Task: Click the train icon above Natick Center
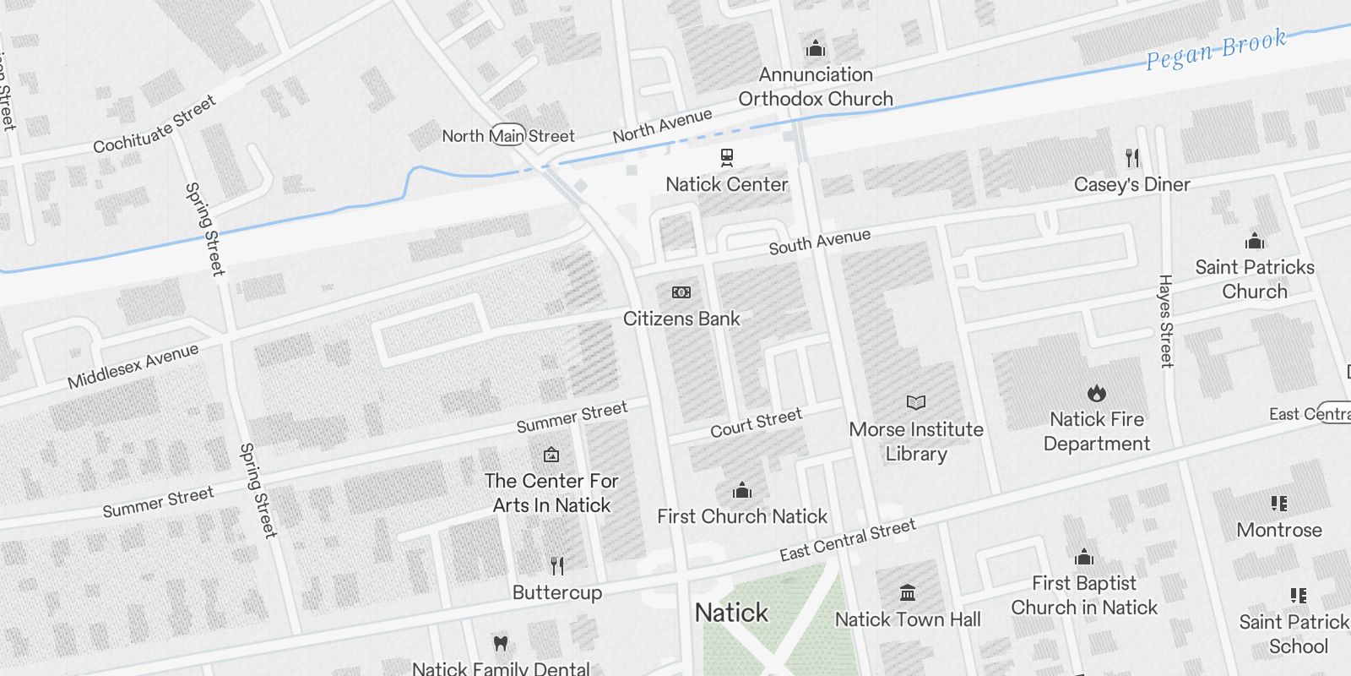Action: (726, 157)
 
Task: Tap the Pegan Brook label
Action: (1216, 49)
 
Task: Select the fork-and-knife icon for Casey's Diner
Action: (1132, 157)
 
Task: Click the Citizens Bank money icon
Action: (681, 292)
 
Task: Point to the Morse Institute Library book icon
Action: (916, 402)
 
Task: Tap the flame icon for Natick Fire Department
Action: (1097, 393)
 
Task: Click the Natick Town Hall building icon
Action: (908, 592)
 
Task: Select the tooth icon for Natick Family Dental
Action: (501, 643)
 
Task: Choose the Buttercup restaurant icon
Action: (557, 565)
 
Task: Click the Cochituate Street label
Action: (155, 125)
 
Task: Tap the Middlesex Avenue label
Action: (133, 366)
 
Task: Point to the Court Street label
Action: (756, 423)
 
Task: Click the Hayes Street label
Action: (1166, 321)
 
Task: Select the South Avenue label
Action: (819, 242)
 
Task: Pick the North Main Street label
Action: (508, 135)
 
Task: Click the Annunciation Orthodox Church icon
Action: (816, 48)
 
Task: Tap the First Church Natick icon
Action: (742, 490)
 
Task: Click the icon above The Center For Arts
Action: (551, 455)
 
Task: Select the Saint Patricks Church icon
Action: (1255, 241)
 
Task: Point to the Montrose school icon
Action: (1279, 504)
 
